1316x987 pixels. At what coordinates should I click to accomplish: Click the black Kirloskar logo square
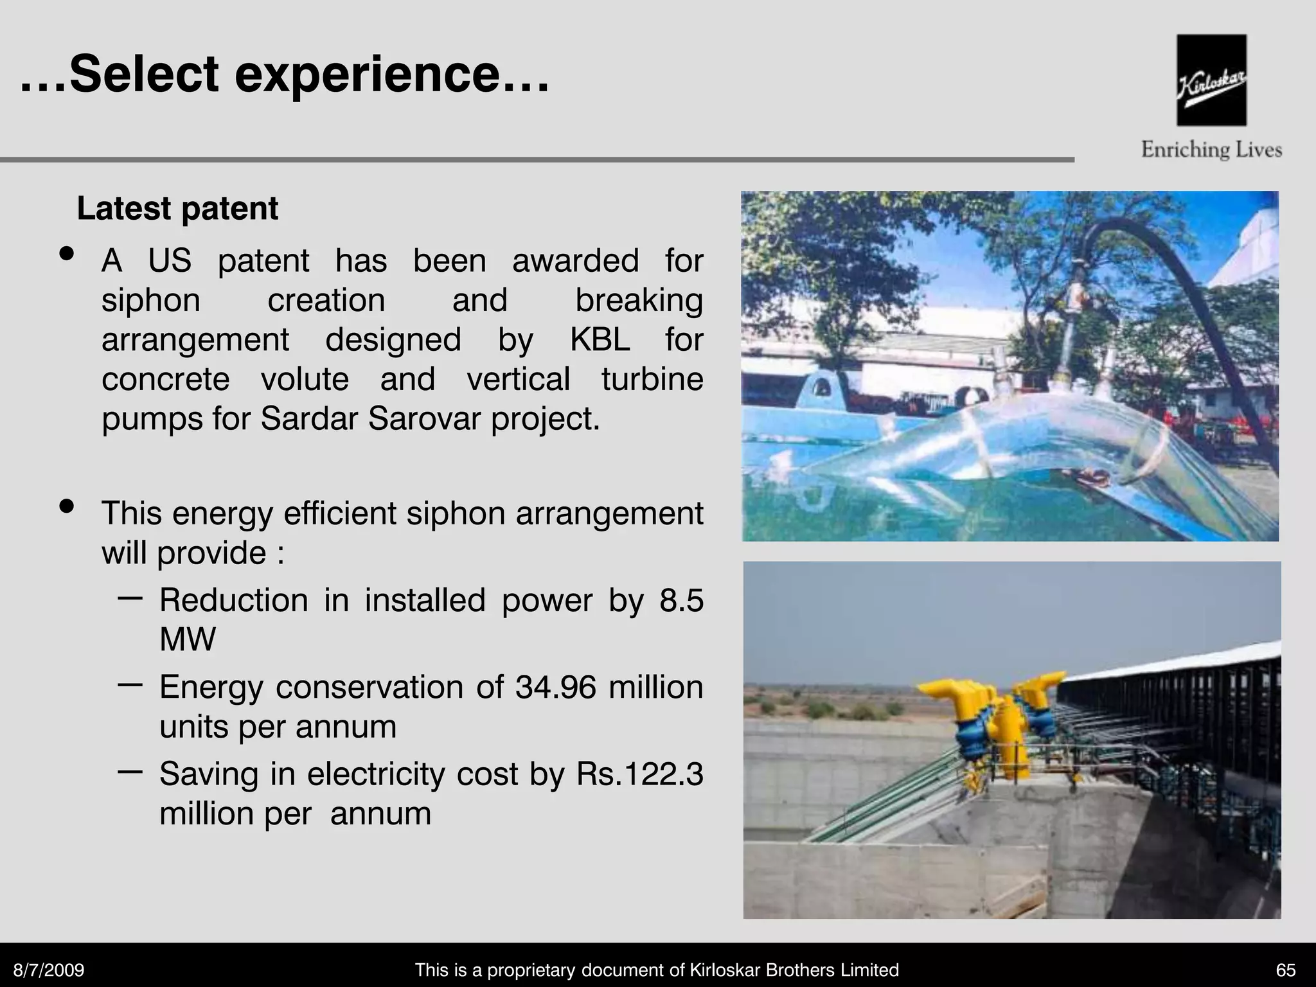point(1211,80)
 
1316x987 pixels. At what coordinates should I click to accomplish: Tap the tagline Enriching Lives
point(1211,150)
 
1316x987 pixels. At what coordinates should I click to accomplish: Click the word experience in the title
point(367,75)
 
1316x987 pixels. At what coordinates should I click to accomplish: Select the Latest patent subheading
point(177,209)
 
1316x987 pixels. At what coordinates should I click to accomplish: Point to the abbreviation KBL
point(600,339)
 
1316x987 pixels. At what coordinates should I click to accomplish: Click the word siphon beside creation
point(151,300)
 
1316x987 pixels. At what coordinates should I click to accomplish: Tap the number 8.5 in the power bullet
point(681,600)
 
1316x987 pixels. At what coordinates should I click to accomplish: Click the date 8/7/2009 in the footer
point(49,970)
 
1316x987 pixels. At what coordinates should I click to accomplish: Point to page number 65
point(1286,970)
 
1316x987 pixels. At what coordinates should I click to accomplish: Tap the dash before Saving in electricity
point(130,770)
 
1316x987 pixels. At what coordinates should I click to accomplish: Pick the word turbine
point(652,379)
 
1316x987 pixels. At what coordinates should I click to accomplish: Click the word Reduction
point(234,600)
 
